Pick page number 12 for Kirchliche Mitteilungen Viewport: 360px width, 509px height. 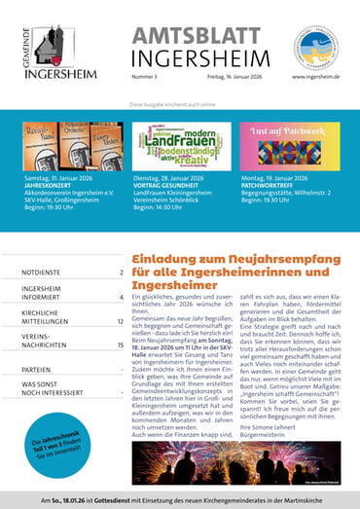(x=120, y=320)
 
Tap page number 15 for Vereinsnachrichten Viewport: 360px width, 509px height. (x=120, y=345)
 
